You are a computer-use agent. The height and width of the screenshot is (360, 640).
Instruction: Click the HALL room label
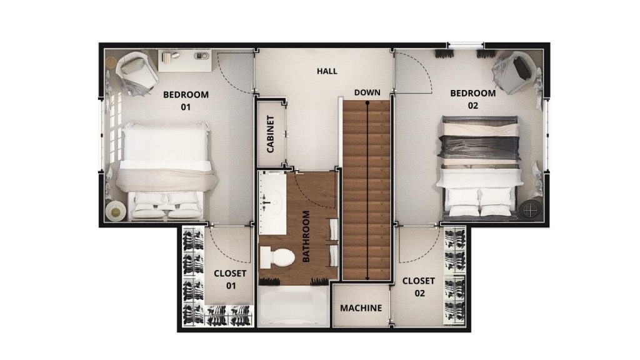pyautogui.click(x=327, y=71)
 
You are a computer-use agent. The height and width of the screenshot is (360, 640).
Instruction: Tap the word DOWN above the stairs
pyautogui.click(x=367, y=92)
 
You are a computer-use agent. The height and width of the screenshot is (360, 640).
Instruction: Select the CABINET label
pyautogui.click(x=270, y=134)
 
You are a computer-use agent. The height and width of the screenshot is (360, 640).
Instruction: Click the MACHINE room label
pyautogui.click(x=361, y=308)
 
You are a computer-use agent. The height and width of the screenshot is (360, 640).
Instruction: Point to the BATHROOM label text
pyautogui.click(x=306, y=236)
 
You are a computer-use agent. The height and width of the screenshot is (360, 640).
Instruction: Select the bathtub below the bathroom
pyautogui.click(x=293, y=306)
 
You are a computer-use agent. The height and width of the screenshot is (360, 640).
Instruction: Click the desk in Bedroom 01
pyautogui.click(x=185, y=61)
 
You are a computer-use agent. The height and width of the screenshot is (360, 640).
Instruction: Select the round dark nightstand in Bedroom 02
pyautogui.click(x=531, y=210)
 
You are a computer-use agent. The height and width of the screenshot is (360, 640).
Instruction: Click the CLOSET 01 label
pyautogui.click(x=230, y=279)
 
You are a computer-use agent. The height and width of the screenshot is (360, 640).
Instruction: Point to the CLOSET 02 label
pyautogui.click(x=419, y=287)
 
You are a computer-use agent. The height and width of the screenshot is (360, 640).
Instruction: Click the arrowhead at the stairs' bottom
pyautogui.click(x=367, y=278)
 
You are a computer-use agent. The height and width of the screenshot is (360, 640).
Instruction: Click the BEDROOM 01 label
pyautogui.click(x=186, y=101)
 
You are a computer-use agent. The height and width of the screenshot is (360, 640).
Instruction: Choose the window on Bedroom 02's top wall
pyautogui.click(x=465, y=45)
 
